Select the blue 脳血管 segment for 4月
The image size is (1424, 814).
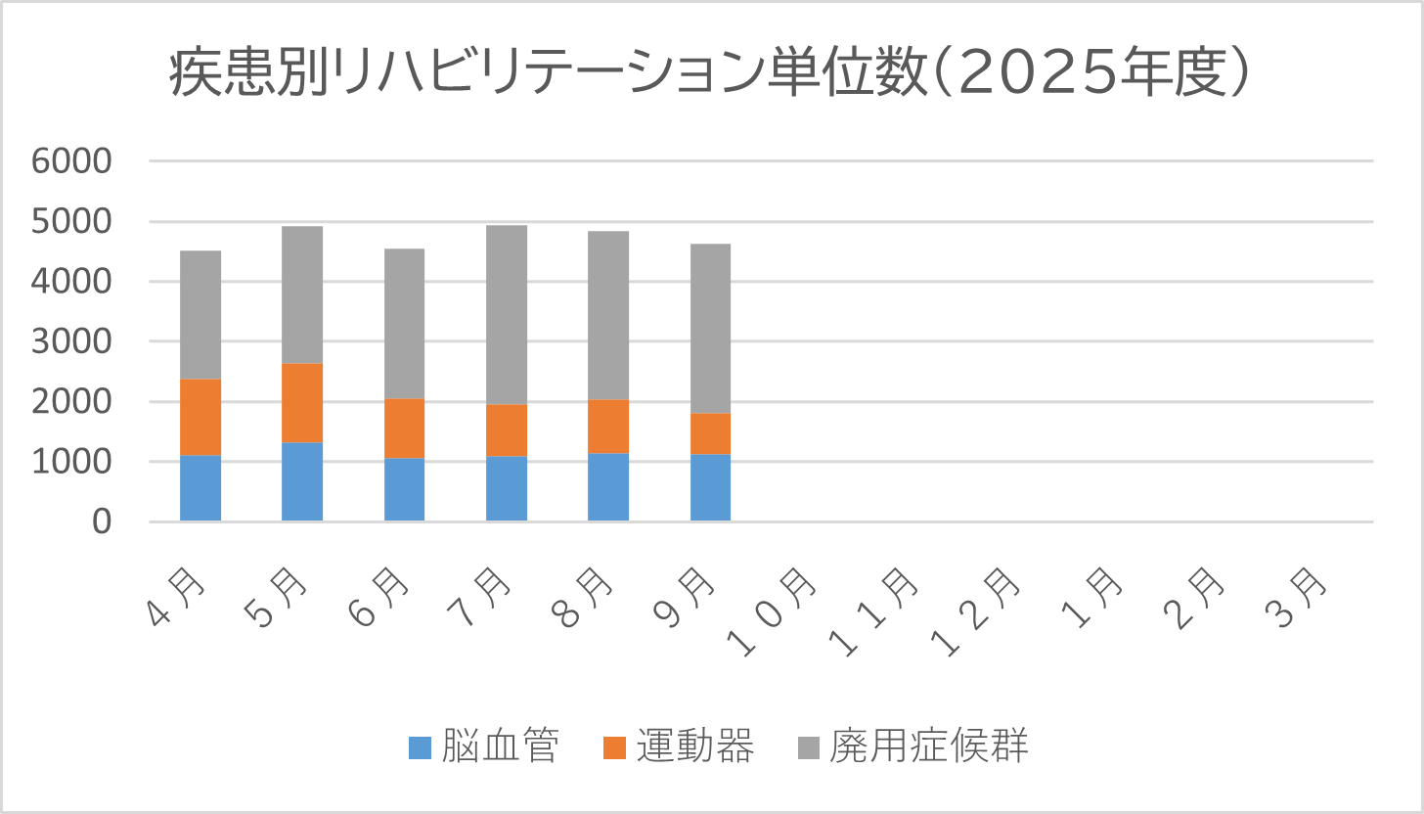click(200, 487)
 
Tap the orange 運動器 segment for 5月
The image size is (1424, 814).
click(302, 403)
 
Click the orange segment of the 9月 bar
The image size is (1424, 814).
click(710, 433)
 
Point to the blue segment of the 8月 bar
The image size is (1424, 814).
click(608, 486)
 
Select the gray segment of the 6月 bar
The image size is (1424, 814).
click(404, 324)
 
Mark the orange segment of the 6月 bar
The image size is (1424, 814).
click(404, 429)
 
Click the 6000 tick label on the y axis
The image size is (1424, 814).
click(73, 162)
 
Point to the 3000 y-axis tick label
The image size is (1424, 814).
click(73, 342)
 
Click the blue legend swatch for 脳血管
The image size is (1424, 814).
click(420, 748)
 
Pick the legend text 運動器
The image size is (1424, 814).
click(695, 747)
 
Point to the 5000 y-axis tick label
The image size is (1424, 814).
click(73, 222)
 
